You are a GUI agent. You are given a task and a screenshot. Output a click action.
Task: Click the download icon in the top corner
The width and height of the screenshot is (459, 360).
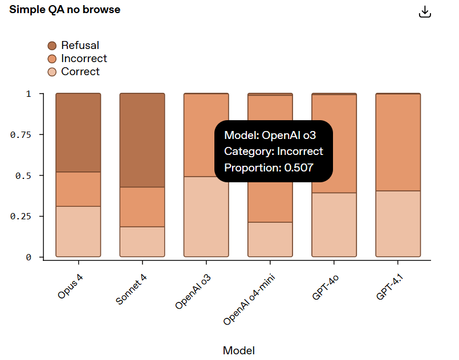tap(424, 12)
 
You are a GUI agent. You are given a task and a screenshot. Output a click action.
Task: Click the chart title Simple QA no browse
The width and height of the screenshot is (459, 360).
tap(64, 10)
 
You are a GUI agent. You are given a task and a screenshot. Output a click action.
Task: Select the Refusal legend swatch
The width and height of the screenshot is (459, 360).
tap(52, 46)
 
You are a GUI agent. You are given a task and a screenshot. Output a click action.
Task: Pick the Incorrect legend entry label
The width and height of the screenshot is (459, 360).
tap(84, 59)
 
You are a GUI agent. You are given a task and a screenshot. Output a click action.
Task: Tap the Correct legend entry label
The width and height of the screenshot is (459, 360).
tap(80, 72)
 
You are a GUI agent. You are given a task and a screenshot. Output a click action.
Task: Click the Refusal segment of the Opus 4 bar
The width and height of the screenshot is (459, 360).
tap(78, 133)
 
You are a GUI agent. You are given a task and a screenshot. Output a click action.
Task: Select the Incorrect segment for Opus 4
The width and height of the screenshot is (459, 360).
tap(78, 189)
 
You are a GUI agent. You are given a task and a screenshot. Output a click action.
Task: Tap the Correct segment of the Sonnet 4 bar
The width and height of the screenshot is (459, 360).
tap(142, 242)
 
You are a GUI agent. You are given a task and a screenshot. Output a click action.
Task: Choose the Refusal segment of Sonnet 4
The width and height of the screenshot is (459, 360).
tap(142, 140)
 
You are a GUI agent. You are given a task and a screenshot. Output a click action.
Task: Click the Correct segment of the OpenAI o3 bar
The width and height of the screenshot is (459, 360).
tap(206, 216)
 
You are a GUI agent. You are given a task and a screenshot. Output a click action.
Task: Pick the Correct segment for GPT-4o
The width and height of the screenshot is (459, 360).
tap(334, 224)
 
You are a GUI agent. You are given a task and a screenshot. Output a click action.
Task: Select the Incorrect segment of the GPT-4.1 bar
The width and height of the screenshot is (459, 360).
tap(397, 142)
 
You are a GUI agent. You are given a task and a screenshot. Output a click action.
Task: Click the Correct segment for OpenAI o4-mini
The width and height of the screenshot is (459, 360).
tap(270, 239)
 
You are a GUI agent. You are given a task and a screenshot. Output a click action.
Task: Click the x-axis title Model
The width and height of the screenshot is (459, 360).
tap(238, 350)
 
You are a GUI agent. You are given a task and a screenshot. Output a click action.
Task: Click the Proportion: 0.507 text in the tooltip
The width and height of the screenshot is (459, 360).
tap(269, 167)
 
